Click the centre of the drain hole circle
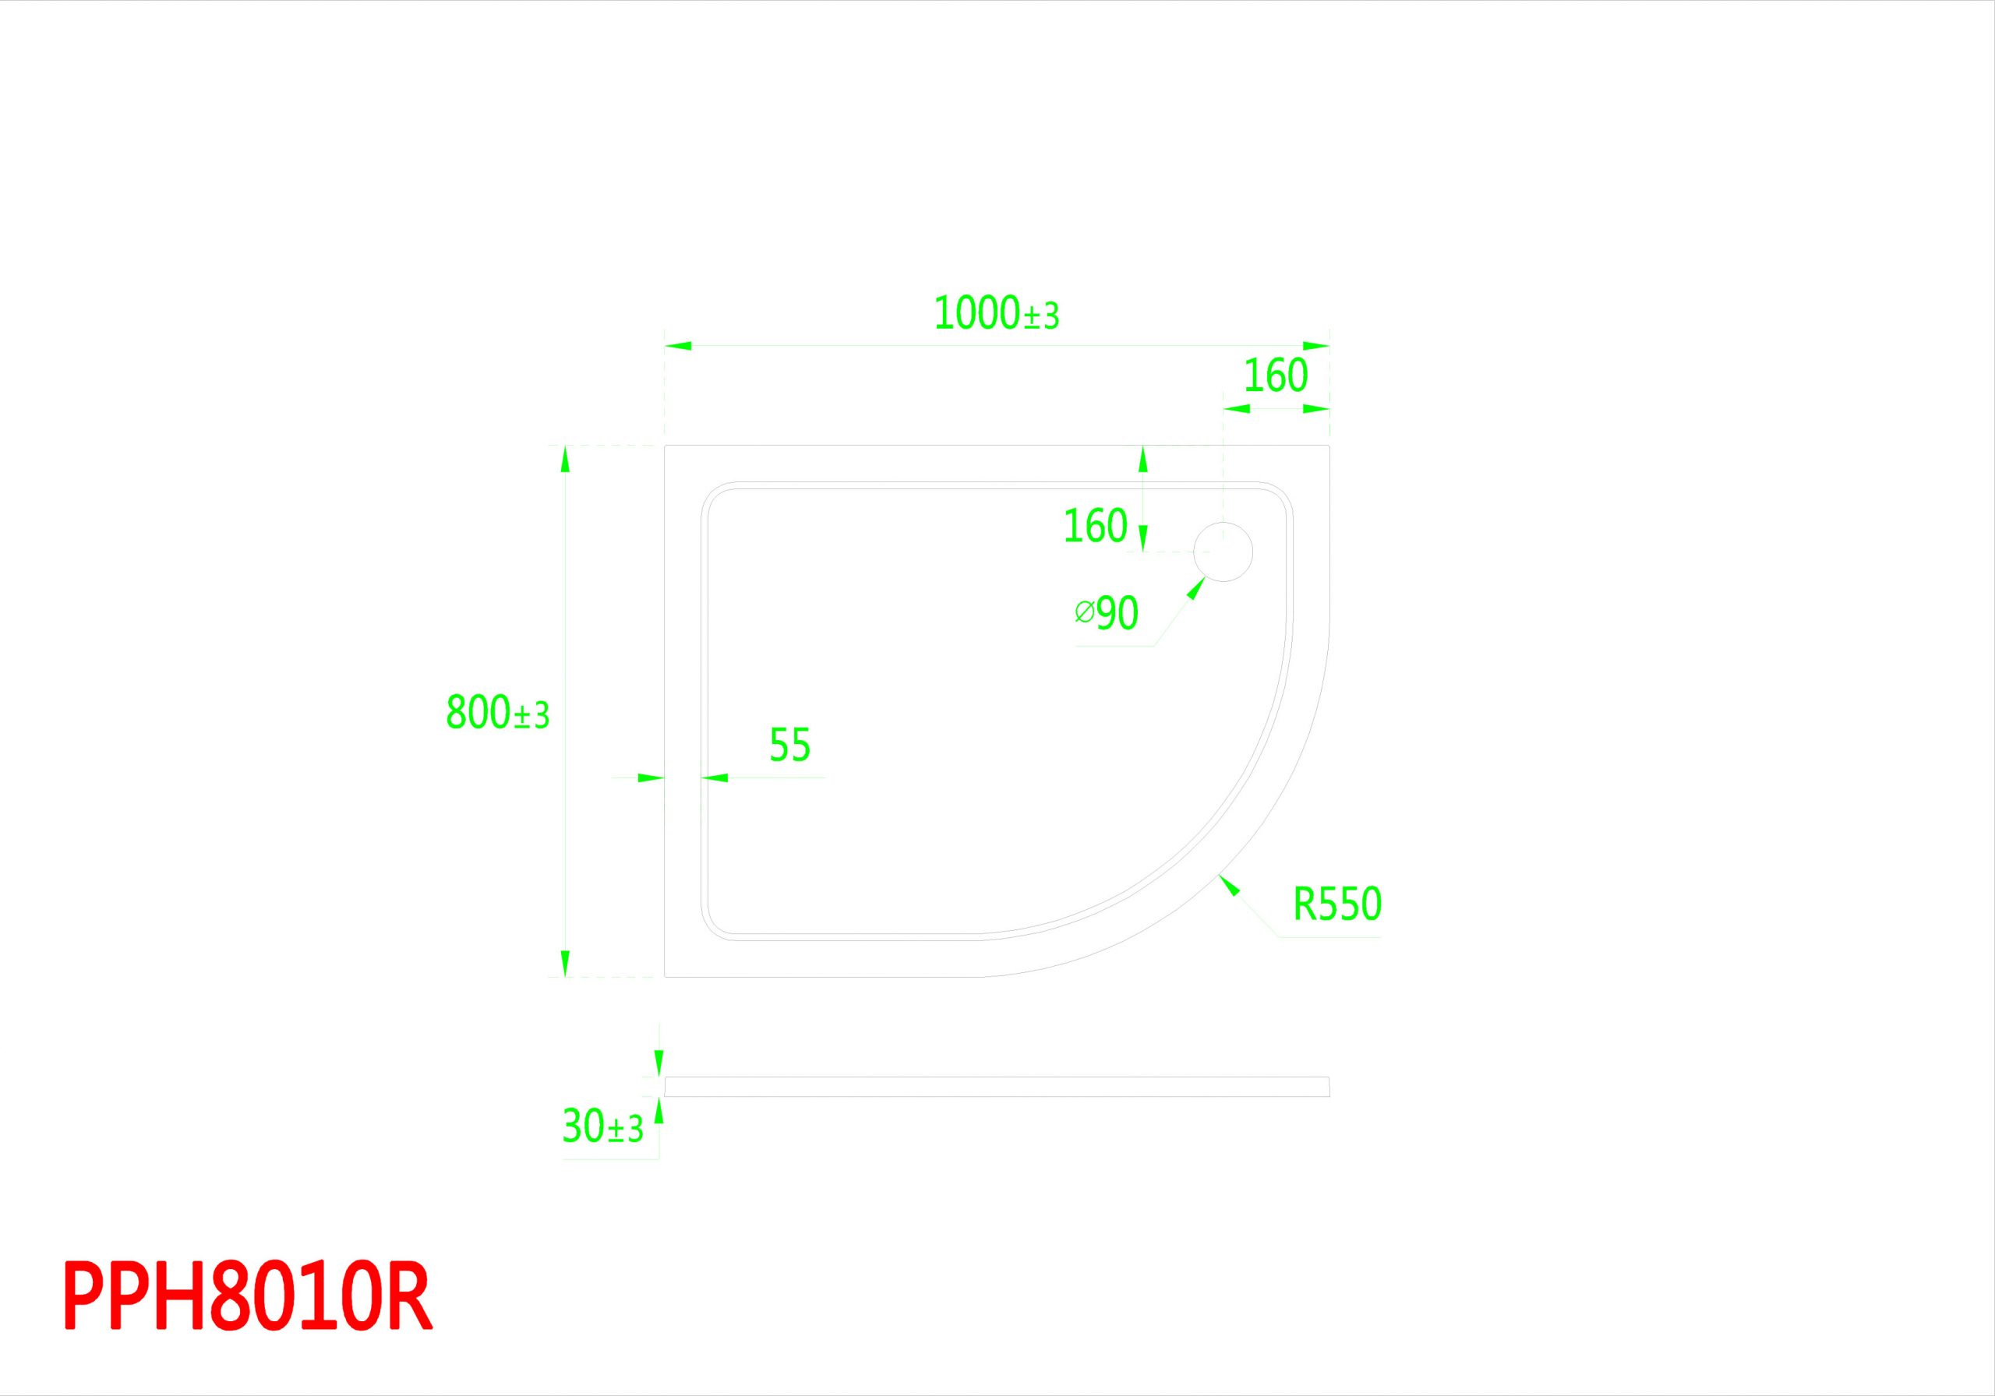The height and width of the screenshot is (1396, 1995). point(1223,552)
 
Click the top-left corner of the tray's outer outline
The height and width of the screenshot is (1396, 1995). point(665,446)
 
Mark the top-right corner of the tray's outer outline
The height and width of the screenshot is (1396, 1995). point(1329,446)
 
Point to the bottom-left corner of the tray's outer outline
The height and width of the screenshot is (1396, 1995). point(665,978)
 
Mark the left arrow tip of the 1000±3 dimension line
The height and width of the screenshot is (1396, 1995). point(666,346)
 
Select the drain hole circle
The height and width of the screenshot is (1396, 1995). point(1223,552)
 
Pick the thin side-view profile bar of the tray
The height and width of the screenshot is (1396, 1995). point(997,1087)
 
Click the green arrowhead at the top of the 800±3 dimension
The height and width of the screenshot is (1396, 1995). point(566,459)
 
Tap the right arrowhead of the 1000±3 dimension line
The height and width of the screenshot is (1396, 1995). point(1316,346)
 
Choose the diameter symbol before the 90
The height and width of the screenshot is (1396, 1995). point(1084,612)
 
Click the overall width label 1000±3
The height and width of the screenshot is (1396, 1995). point(997,314)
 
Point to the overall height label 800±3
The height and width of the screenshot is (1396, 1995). point(498,712)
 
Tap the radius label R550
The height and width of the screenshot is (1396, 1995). point(1337,904)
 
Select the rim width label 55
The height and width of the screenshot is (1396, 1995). point(790,745)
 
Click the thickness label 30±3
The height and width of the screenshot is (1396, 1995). point(603,1126)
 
